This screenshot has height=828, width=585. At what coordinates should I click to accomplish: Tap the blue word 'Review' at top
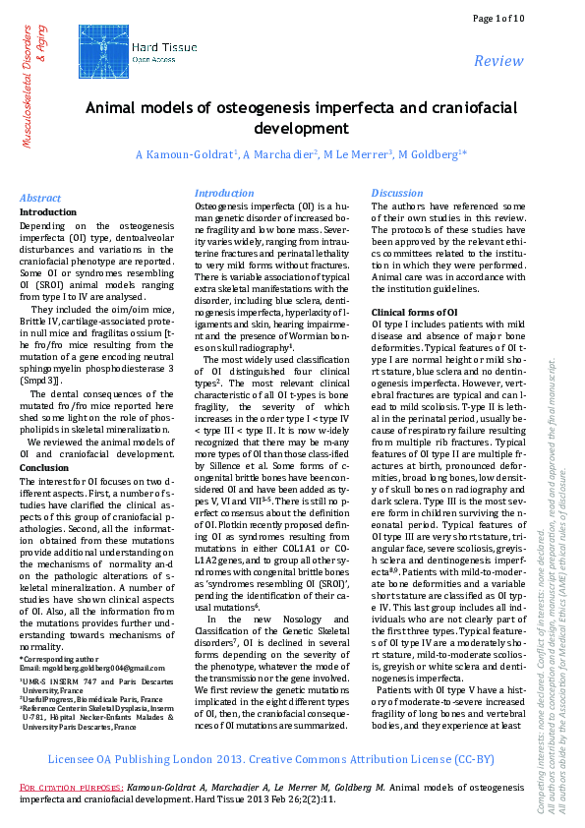tap(498, 61)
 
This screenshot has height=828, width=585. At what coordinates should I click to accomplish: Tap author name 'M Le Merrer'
tap(357, 155)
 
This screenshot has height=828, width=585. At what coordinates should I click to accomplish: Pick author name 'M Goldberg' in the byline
tap(431, 155)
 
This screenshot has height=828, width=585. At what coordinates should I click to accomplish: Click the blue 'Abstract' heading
tap(40, 198)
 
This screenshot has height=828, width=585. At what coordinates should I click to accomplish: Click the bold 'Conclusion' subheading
tap(44, 467)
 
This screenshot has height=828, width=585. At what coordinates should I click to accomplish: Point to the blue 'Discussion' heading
tap(396, 193)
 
